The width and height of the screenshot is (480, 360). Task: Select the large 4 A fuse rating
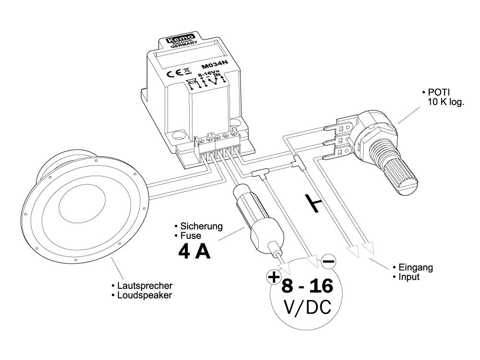pos(194,252)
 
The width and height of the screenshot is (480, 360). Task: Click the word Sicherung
pos(202,226)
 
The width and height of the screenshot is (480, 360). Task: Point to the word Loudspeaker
pos(144,295)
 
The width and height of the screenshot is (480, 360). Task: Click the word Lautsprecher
pos(145,286)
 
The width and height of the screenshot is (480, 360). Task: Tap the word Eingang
pos(415,267)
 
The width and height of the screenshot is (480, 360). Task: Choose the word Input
pos(408,277)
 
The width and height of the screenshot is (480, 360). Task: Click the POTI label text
pos(438,92)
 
